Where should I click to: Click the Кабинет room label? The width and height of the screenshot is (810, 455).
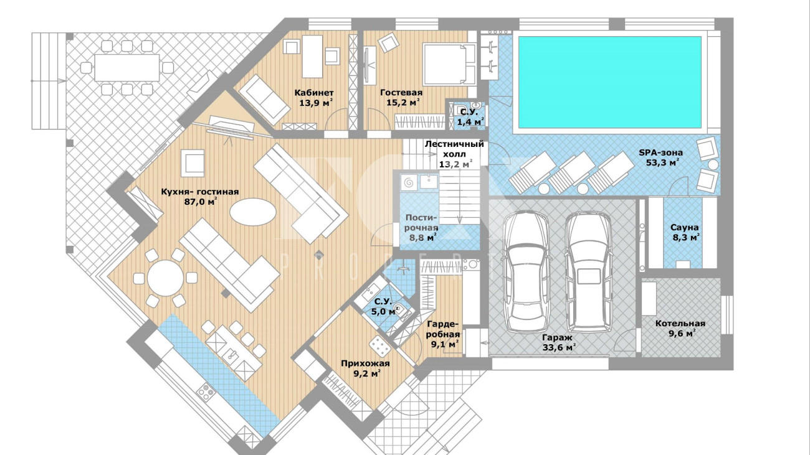click(314, 93)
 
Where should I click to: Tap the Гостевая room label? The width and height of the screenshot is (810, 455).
click(401, 93)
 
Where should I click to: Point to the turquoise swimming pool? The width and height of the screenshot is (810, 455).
click(609, 82)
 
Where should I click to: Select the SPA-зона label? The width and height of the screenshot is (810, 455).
click(660, 152)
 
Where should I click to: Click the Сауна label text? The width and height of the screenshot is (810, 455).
click(685, 228)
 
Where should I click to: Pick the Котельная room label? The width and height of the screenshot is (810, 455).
click(680, 324)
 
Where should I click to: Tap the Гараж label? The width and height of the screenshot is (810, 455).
click(557, 337)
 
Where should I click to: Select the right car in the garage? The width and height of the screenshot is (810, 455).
click(588, 273)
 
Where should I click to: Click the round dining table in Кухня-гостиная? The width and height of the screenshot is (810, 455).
click(165, 278)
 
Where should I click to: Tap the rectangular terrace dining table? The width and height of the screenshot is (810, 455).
click(127, 67)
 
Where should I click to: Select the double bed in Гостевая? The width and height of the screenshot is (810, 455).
click(449, 64)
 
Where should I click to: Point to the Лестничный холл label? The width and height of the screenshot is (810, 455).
click(455, 149)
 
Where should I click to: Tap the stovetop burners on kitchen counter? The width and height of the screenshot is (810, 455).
click(205, 392)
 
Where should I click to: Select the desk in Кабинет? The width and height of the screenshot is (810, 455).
click(312, 57)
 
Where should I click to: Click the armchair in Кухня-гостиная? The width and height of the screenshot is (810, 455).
click(193, 163)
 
